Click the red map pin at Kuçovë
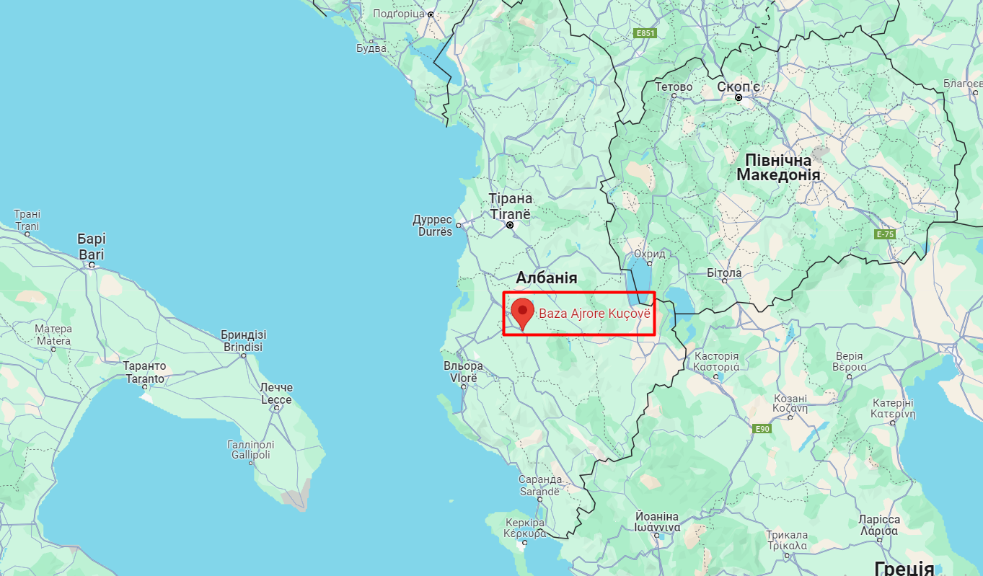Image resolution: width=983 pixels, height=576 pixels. tap(522, 312)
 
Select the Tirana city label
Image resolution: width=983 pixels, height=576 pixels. tap(511, 206)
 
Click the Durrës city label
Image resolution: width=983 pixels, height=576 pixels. tap(433, 225)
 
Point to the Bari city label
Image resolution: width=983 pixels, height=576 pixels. tap(92, 247)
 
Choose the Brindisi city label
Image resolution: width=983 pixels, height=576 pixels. tap(242, 341)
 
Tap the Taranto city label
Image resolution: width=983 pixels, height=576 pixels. tap(144, 372)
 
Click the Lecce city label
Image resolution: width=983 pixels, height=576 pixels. tap(276, 394)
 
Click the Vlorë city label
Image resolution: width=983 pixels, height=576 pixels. tap(464, 372)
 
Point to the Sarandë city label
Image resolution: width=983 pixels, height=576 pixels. tap(539, 485)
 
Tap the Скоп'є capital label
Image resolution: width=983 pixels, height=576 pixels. tap(738, 87)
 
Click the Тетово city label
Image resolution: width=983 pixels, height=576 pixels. tap(674, 87)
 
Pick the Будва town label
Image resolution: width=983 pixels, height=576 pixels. tap(371, 48)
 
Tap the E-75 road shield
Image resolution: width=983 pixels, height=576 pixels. tap(884, 234)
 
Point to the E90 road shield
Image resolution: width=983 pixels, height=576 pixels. tap(763, 429)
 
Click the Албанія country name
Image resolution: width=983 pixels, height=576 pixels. tap(546, 278)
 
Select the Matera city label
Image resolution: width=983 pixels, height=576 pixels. tap(53, 335)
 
